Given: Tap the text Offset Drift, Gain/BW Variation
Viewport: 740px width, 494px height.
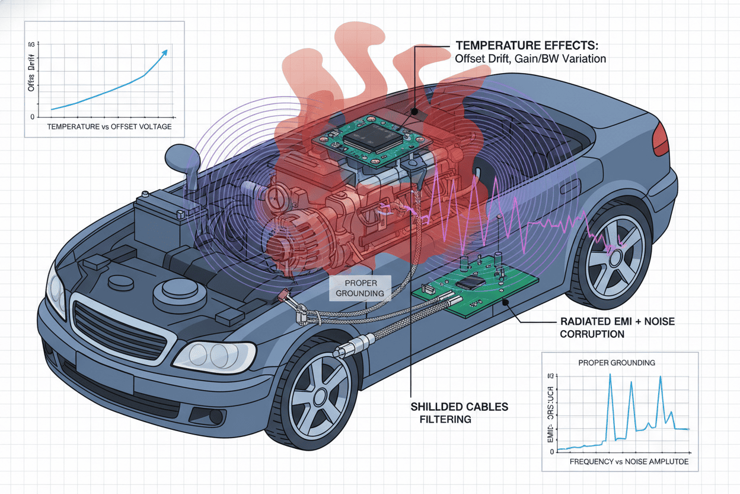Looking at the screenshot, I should tap(530, 59).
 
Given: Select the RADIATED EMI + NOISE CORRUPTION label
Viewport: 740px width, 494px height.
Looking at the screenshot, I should tap(617, 327).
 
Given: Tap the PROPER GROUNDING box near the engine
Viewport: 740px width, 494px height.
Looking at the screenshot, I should tap(360, 287).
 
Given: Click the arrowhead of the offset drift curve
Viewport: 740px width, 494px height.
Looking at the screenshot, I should tap(166, 52).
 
